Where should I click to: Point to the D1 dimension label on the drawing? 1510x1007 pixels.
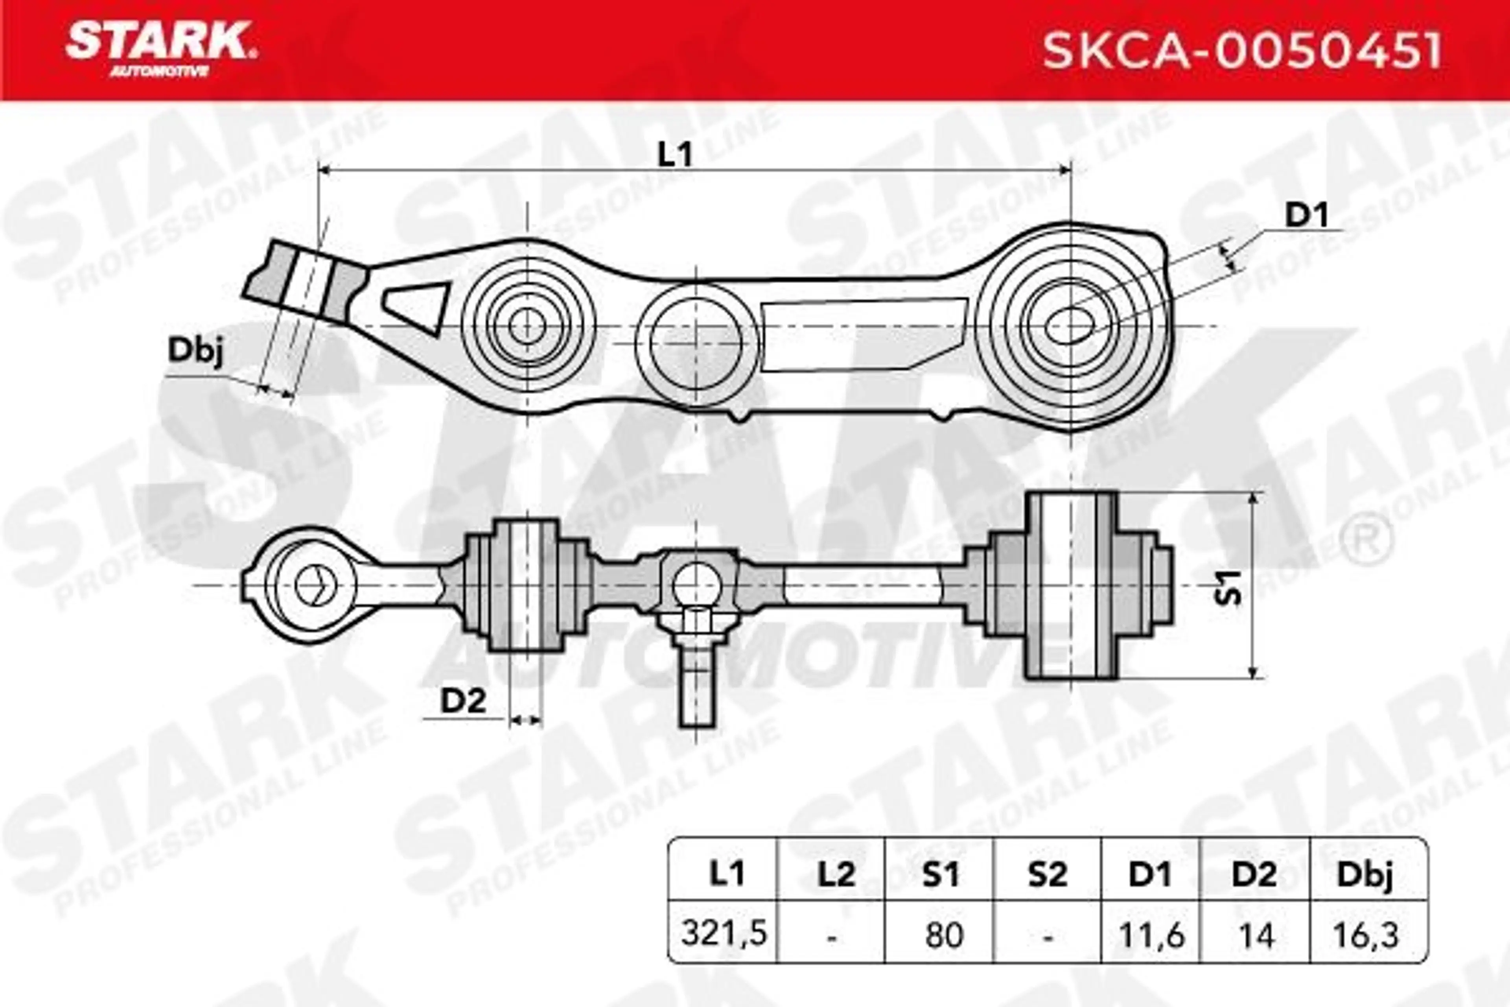(x=1306, y=216)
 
